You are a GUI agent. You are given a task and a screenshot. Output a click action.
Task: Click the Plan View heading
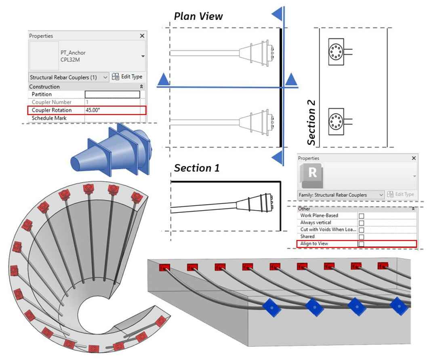point(198,17)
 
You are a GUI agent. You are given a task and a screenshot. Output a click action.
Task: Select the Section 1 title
point(197,168)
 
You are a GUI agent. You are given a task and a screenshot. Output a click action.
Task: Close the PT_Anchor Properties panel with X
point(142,36)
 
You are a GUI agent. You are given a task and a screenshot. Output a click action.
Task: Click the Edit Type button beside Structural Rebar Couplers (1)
point(127,77)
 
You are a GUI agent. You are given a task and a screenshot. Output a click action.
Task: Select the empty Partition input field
point(112,94)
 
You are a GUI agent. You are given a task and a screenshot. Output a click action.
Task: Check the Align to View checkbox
point(361,244)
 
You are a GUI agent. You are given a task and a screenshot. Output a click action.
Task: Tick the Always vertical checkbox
point(361,223)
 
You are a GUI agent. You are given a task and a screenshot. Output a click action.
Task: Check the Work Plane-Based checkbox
point(361,216)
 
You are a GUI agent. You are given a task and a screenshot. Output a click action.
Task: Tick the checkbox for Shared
point(361,237)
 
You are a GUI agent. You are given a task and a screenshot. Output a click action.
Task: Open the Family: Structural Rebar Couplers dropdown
point(381,195)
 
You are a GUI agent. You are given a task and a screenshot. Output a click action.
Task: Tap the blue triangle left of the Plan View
point(163,80)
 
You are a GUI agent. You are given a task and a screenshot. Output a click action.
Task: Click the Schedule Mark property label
point(49,118)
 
